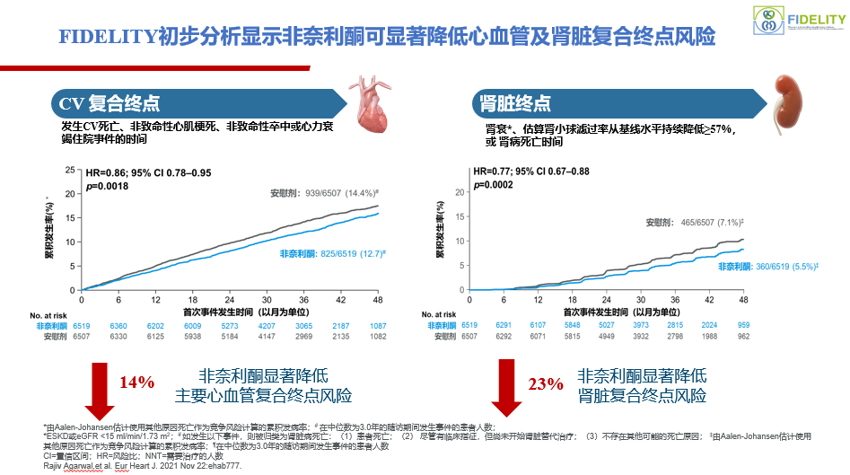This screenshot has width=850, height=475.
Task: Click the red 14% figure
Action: [x=137, y=382]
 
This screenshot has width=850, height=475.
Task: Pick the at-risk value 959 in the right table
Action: [x=743, y=326]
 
